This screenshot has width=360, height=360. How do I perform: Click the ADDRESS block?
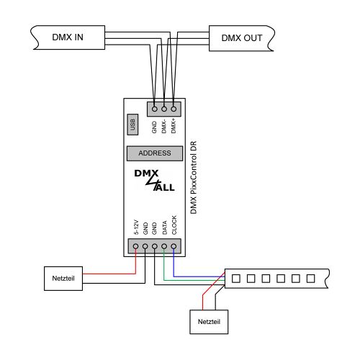coord(154,153)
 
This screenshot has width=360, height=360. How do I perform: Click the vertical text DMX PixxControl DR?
coord(194,176)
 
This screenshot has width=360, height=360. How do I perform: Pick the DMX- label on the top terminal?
coord(164,126)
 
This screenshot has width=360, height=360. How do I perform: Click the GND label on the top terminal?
coord(154,127)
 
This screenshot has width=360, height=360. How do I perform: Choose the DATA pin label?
coord(164,228)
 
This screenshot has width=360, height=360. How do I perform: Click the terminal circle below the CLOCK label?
coord(174,247)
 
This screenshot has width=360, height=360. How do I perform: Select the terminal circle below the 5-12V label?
coord(135,247)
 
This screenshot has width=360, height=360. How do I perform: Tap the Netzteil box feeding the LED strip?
coord(208,321)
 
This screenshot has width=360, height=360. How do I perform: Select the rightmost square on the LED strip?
coord(310,277)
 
